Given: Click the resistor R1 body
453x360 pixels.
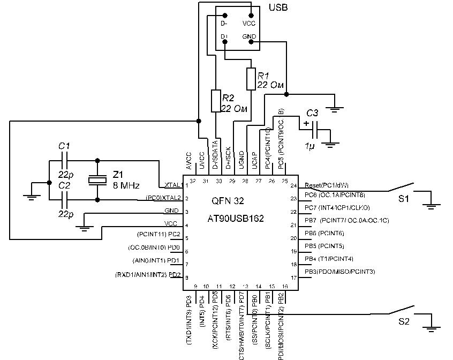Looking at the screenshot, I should click(x=251, y=79).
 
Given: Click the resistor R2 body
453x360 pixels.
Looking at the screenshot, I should click(x=216, y=101).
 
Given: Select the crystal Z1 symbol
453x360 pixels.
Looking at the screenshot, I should click(x=97, y=181).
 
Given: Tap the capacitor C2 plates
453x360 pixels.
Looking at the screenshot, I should click(x=64, y=200).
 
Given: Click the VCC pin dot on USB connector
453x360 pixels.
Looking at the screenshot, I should click(x=251, y=15).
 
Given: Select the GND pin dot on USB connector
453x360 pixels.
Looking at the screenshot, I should click(x=251, y=41).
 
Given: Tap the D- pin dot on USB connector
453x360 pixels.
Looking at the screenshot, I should click(x=224, y=15).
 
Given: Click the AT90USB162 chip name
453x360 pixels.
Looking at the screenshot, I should click(x=236, y=219).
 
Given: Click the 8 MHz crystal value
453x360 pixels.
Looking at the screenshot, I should click(x=126, y=186).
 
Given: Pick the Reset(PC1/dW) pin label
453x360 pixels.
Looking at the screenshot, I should click(x=326, y=185).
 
